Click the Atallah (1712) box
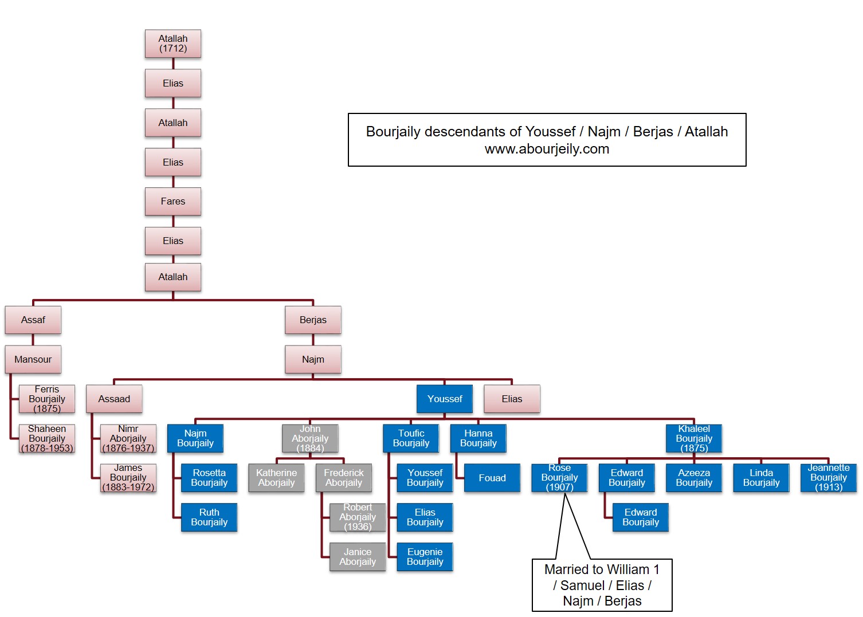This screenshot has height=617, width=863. (x=172, y=44)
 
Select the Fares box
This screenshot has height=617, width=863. (x=172, y=202)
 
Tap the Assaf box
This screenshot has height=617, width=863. (x=33, y=320)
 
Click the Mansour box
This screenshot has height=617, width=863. (x=33, y=360)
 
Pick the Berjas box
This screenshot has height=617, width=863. (x=313, y=320)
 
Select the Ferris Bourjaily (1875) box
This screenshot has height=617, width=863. (x=47, y=399)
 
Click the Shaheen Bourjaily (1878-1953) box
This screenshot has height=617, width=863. (x=47, y=438)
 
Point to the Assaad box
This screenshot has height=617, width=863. (x=114, y=399)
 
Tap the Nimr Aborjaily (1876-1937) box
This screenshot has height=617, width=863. (x=128, y=438)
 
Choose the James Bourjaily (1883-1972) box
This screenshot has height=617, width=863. (x=128, y=478)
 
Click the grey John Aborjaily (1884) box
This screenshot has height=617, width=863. (x=310, y=438)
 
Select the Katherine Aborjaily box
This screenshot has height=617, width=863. (x=276, y=478)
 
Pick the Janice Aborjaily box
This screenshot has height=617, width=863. (x=358, y=557)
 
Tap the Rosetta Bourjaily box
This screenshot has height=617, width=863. (x=209, y=478)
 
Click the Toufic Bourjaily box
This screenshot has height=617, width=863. (x=411, y=438)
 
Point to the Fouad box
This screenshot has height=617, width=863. (x=492, y=478)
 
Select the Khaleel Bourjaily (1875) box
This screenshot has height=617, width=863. (x=694, y=438)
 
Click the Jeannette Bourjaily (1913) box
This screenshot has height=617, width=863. (x=829, y=478)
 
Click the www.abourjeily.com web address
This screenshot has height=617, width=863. (x=547, y=150)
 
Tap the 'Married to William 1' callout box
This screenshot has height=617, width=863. (x=602, y=585)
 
